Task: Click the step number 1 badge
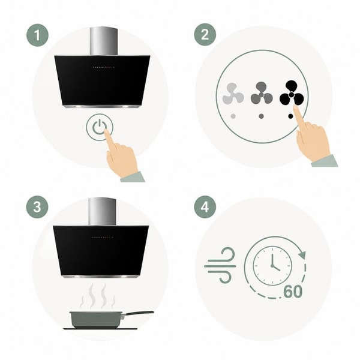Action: click(37, 35)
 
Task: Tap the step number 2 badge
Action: click(205, 34)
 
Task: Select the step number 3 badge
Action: click(37, 206)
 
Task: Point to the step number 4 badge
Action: click(205, 207)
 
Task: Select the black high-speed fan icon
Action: click(291, 93)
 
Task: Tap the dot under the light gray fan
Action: click(233, 116)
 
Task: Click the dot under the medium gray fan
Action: click(261, 116)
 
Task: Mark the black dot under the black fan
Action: click(290, 116)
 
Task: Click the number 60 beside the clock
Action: click(293, 292)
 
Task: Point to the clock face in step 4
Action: click(272, 266)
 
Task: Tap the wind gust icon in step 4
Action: click(220, 265)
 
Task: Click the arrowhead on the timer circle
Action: click(302, 254)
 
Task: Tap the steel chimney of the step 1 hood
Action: click(104, 41)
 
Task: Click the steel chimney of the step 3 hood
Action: click(102, 211)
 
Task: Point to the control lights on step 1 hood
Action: click(104, 67)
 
